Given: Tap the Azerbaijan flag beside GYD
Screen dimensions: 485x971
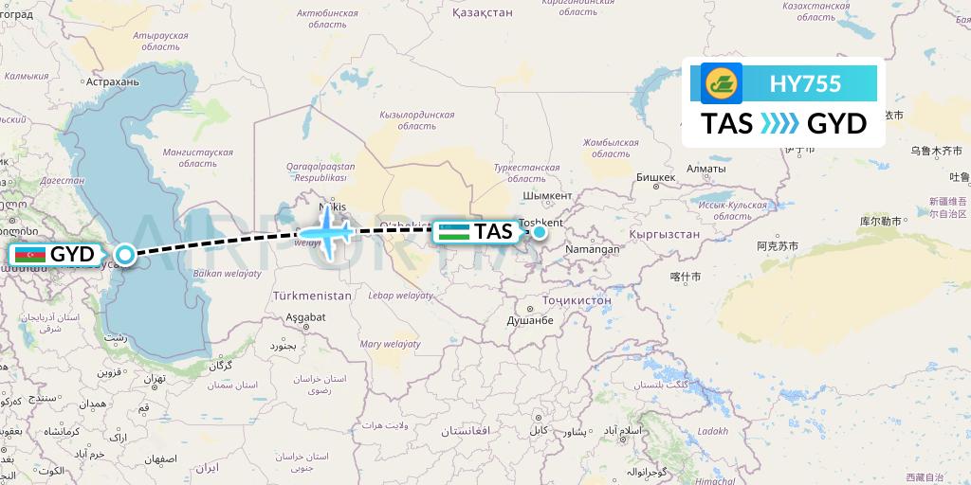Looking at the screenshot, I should coord(29,254).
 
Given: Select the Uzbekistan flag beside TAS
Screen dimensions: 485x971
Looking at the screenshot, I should coord(455,231).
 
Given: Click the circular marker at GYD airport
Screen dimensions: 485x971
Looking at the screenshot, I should coord(125,254).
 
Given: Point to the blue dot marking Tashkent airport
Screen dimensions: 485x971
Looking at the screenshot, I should coord(539,231).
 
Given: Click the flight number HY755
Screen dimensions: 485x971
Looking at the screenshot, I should coord(806,83).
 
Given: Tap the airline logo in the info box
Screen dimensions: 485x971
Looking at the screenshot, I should coord(721,83).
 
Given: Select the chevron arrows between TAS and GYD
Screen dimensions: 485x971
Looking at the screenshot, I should coord(780,124).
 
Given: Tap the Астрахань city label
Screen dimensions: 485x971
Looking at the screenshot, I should coord(112,82).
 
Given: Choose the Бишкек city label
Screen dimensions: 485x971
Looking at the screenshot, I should coord(654,177).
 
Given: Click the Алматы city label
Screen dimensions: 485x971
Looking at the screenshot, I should coord(705,168).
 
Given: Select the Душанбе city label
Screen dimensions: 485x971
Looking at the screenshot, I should coord(531,321).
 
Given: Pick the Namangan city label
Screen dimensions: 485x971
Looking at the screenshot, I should coord(595,249).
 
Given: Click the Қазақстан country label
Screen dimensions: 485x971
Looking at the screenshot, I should coord(485,12).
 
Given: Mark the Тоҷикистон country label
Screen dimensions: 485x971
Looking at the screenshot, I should coord(577,300).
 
